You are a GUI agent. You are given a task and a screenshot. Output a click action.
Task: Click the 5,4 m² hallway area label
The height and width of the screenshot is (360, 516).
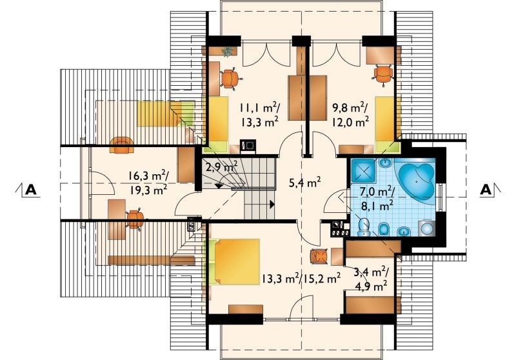pos(304,183)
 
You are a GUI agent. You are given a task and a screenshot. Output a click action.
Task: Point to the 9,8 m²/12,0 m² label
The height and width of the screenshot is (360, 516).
pos(349,115)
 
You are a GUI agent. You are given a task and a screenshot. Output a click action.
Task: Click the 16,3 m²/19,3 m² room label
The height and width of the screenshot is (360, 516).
pos(148,183)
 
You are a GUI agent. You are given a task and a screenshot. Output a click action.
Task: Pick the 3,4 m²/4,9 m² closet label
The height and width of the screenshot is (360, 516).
pos(372,279)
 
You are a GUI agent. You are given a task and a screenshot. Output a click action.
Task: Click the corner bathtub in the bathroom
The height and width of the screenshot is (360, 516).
pos(416,181)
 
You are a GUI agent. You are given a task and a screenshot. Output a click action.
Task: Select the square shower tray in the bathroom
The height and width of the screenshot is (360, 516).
pos(364,171)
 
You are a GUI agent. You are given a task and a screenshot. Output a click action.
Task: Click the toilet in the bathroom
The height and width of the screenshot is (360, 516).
pos(364,226)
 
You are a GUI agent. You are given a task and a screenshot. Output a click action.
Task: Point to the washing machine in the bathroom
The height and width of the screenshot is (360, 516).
pos(427,228)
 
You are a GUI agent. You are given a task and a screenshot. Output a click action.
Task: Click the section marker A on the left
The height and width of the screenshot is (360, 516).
pos(30,190)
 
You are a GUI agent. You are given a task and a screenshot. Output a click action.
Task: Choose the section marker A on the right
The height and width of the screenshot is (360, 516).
pos(487,190)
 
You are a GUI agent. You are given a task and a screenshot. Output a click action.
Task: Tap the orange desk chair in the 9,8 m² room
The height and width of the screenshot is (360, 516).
pos(383,75)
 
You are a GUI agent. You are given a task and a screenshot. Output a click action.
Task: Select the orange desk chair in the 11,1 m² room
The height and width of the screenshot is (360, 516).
pos(230,79)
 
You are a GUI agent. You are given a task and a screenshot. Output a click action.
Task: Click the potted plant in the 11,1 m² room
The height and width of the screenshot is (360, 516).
pos(227,52)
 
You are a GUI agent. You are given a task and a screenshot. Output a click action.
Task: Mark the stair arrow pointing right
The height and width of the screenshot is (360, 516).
pos(272,205)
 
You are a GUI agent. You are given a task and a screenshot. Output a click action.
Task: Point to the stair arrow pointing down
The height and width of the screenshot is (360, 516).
pos(219,185)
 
